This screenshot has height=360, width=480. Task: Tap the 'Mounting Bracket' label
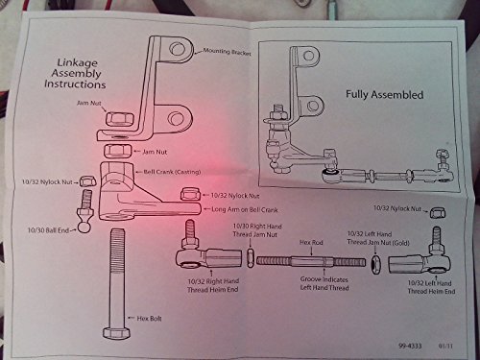[228, 53]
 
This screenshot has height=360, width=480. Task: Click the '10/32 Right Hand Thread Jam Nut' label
[256, 231]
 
